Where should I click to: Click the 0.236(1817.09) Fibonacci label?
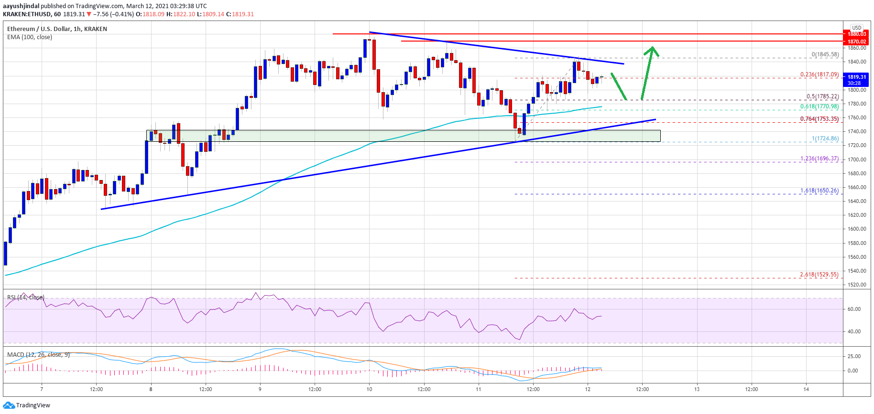[x=819, y=74]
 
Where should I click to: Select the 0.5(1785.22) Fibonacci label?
[x=822, y=96]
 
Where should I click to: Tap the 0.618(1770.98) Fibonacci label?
[x=819, y=107]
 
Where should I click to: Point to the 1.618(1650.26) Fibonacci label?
[x=819, y=191]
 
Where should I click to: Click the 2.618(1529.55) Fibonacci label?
[x=819, y=275]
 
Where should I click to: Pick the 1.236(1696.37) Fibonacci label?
[x=819, y=159]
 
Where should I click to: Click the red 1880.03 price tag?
[x=857, y=34]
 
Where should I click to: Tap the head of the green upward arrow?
[x=652, y=49]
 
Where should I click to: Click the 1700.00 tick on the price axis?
[x=857, y=159]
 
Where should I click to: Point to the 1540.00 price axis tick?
[x=857, y=271]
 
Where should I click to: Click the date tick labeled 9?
[x=260, y=389]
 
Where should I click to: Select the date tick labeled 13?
[x=697, y=389]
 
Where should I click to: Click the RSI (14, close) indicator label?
[x=26, y=297]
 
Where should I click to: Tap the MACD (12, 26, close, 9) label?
[x=38, y=355]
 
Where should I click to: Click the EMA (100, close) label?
[x=30, y=37]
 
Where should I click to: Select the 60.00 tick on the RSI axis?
[x=853, y=309]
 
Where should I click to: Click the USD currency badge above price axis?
[x=856, y=28]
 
